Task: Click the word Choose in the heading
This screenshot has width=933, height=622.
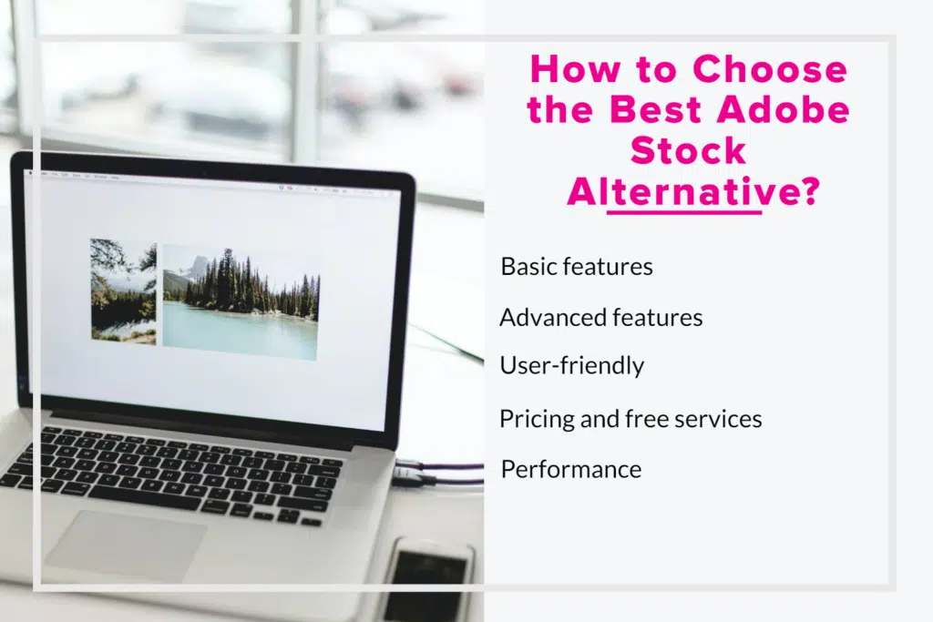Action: pos(770,70)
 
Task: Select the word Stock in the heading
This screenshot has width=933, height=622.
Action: pos(688,151)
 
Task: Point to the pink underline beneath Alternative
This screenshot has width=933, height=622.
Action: pos(683,212)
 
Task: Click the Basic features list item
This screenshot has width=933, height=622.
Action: pos(577,267)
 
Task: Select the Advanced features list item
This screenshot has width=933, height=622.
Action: pos(600,317)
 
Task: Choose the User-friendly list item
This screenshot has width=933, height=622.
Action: pos(571,366)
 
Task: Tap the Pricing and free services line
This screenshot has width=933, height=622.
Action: pos(630,419)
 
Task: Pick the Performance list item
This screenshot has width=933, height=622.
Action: pos(571,469)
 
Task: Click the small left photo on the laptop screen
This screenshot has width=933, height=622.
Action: pos(123,291)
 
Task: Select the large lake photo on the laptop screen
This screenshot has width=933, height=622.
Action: pos(241,301)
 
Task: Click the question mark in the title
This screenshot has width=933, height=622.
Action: pos(804,192)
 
